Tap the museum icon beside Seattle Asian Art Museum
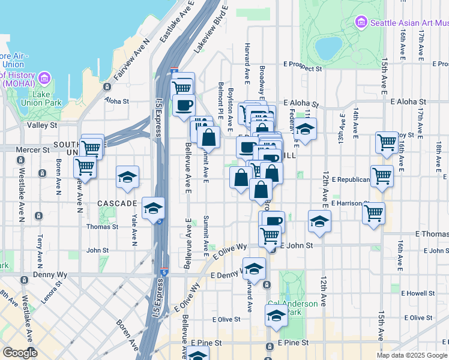point(361,23)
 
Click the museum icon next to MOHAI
point(44,78)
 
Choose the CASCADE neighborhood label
point(117,203)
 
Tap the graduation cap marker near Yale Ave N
point(127,178)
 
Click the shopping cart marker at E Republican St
point(382,176)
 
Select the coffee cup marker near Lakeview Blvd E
point(184,105)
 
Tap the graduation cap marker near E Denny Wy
point(254,268)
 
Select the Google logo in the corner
point(20,353)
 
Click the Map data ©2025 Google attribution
point(412,355)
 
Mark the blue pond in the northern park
point(328,48)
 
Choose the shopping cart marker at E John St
point(270,236)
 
